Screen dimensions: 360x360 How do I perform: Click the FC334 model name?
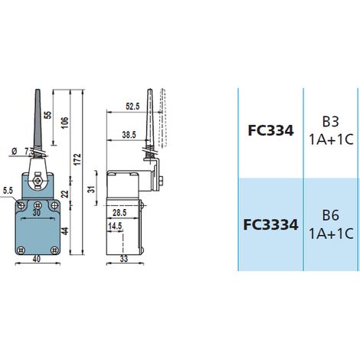click(270, 130)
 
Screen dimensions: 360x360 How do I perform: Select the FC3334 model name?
click(270, 224)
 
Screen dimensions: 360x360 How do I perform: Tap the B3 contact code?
click(330, 122)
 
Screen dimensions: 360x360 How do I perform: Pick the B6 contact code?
click(330, 215)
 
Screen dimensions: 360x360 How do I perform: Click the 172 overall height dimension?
click(77, 159)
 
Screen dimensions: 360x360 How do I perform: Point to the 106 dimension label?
click(65, 123)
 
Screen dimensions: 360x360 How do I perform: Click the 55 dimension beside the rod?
click(47, 115)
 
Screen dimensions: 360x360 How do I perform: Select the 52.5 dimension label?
click(133, 106)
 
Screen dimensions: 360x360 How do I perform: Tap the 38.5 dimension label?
click(129, 135)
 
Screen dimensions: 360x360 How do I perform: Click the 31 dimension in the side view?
click(91, 189)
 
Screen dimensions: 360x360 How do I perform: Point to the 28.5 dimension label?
click(119, 213)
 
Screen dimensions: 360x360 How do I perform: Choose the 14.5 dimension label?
click(115, 226)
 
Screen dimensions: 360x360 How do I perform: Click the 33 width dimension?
click(124, 259)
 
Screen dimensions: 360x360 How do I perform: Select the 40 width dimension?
click(37, 259)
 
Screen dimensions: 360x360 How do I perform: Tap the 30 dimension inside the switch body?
click(37, 213)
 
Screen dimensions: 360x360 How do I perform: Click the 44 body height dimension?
click(65, 231)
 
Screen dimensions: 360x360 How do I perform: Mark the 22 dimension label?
click(65, 194)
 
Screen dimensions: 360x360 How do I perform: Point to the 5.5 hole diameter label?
click(8, 191)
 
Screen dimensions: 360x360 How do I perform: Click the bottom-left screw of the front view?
click(21, 250)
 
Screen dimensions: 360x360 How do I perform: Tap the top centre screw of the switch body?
click(38, 205)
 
